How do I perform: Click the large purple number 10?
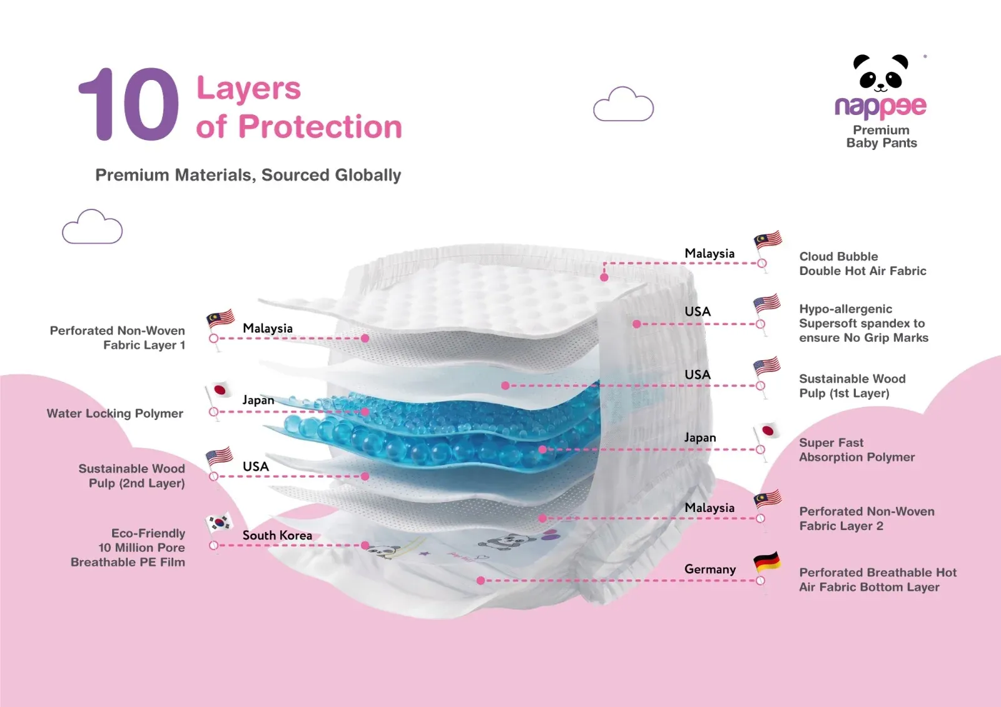[129, 104]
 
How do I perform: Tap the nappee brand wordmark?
[880, 107]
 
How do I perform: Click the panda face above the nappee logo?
[881, 73]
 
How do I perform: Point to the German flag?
[767, 562]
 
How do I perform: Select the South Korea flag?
[220, 523]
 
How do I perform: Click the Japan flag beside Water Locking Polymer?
[219, 390]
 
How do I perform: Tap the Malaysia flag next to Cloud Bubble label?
[768, 240]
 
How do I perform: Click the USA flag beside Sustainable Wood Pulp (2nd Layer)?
[220, 456]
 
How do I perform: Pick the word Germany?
[709, 569]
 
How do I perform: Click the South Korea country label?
[277, 535]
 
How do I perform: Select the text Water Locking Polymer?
[115, 414]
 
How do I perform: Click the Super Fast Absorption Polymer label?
[856, 449]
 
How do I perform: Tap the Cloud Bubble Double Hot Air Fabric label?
[863, 264]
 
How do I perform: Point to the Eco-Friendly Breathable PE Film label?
[128, 548]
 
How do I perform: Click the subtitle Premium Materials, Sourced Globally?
[248, 175]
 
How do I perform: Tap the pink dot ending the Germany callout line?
[481, 581]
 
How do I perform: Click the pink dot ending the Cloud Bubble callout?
[604, 278]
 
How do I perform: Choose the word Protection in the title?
[320, 126]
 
